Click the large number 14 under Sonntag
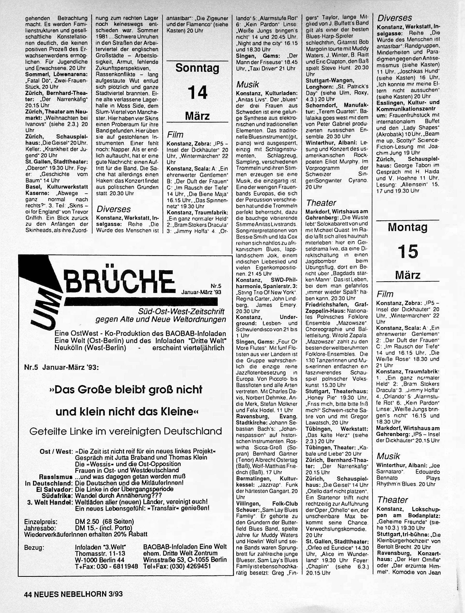197,92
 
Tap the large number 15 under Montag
408,252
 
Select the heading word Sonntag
197,68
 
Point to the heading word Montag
408,227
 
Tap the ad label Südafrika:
57,495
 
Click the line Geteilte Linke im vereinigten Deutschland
126,431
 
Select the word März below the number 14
197,116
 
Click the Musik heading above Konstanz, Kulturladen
247,84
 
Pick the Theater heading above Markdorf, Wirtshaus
321,203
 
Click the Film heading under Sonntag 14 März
175,135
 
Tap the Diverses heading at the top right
394,18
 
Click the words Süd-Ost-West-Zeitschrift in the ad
182,311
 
